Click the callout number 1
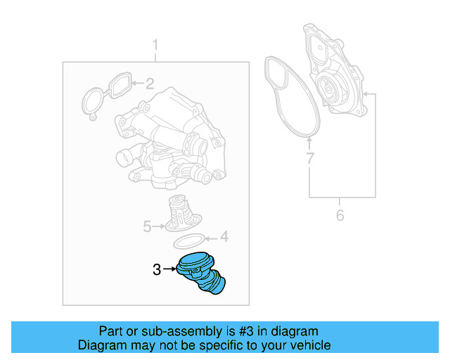(155, 46)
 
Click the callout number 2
(150, 84)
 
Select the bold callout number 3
(157, 269)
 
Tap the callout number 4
(224, 237)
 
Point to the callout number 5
(148, 226)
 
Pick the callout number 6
(340, 215)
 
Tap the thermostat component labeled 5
(179, 214)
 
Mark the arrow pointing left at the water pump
(370, 94)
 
